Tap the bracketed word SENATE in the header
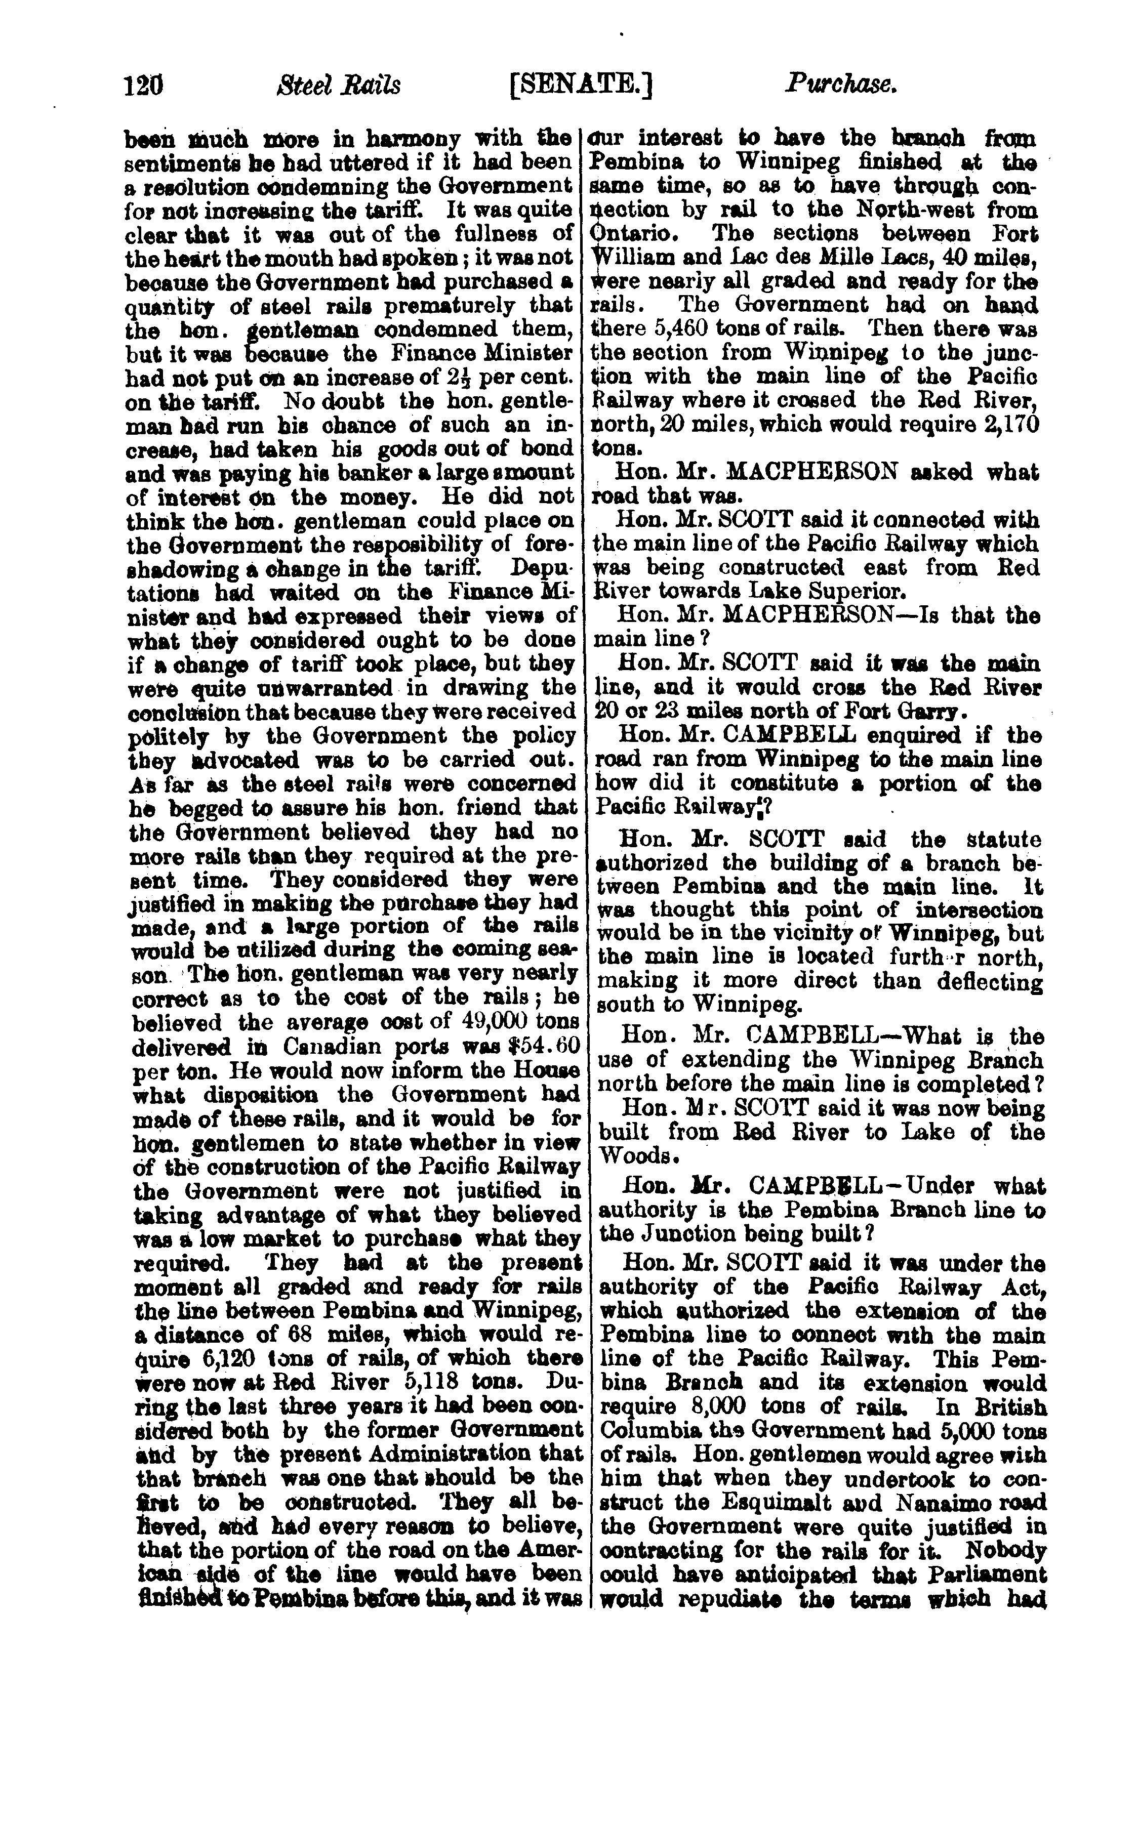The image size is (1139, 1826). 581,85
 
